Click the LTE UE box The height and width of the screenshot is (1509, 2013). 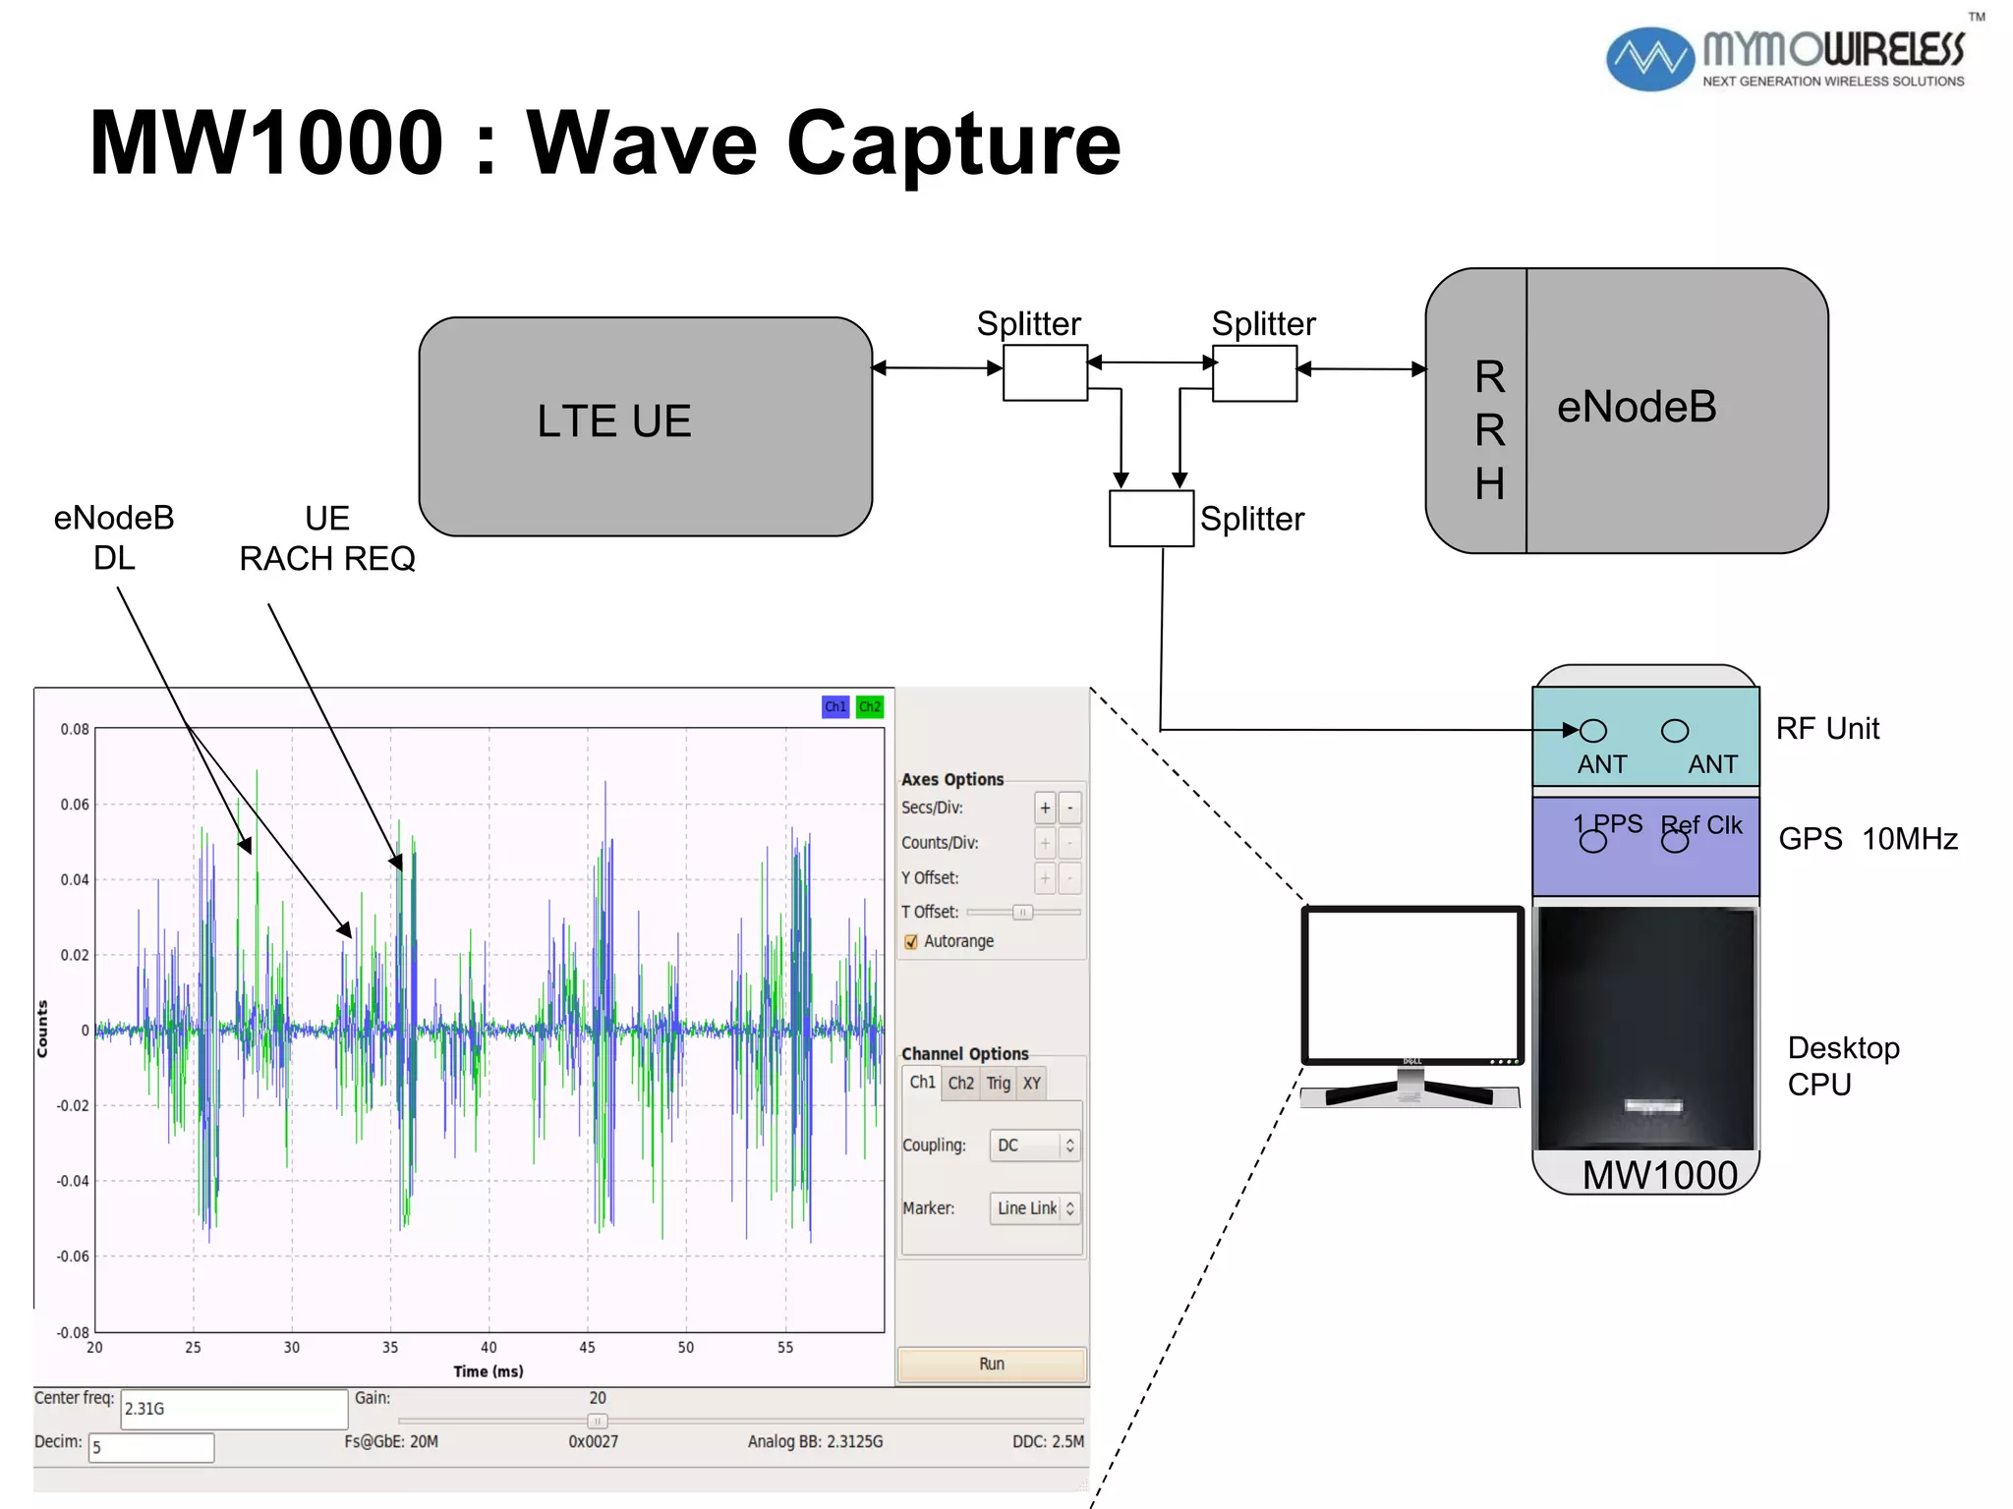pos(645,425)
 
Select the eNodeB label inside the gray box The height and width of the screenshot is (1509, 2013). pos(1637,407)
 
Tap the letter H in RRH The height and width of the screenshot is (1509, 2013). pos(1489,483)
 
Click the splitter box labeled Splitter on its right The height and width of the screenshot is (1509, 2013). pos(1151,518)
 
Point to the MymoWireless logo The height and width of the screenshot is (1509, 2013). pos(1785,59)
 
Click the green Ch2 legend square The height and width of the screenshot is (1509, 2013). pos(870,706)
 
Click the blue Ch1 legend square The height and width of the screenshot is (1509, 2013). pos(835,706)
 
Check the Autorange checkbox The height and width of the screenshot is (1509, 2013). pos(911,941)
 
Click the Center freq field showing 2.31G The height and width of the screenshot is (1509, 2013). pos(234,1409)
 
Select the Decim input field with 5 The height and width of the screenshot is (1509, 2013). pos(151,1447)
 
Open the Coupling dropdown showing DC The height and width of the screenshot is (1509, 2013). pos(1035,1146)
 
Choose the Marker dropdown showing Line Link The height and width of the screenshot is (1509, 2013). pos(1035,1208)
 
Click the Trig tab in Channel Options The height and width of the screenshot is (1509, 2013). pos(999,1083)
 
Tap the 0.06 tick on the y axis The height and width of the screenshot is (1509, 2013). pos(75,805)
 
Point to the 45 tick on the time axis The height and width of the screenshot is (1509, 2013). pos(587,1347)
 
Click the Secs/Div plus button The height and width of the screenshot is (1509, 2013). pos(1045,808)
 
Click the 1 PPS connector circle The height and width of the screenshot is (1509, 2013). pos(1592,842)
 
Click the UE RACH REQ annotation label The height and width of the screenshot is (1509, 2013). pos(327,538)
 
